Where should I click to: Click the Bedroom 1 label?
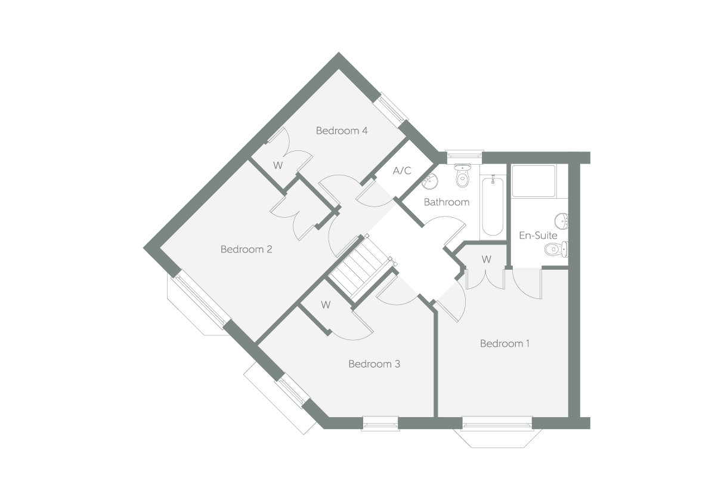[505, 344]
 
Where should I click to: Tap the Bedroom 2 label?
[246, 249]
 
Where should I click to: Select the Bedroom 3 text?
[374, 363]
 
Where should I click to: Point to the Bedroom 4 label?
[342, 131]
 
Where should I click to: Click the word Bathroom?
[447, 202]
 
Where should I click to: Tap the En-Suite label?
[538, 236]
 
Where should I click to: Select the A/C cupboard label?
[401, 171]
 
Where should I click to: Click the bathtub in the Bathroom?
[493, 206]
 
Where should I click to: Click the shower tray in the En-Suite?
[534, 180]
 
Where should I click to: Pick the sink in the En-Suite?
[562, 221]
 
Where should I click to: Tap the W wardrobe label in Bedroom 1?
[487, 260]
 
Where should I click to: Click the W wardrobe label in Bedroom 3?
[326, 305]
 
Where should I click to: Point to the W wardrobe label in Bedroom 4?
[278, 165]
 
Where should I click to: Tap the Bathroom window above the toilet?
[463, 154]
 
